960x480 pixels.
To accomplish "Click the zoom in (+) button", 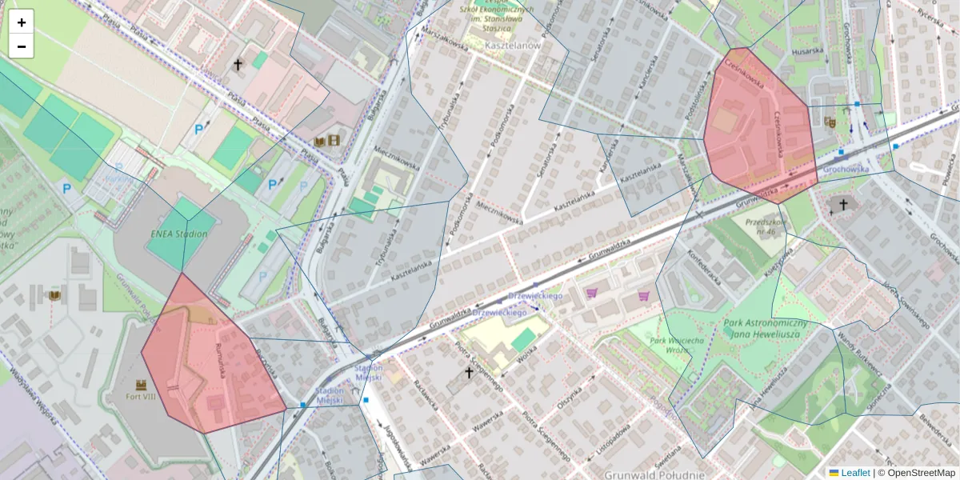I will coord(22,22).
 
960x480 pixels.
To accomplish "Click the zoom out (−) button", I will coord(22,46).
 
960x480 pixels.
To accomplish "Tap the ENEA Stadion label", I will coord(178,234).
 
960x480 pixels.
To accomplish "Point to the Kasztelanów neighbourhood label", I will coord(512,46).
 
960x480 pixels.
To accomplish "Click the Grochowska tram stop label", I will coord(846,170).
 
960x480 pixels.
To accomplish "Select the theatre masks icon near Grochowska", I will coord(830,122).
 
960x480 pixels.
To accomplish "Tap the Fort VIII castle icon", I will coord(142,384).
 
